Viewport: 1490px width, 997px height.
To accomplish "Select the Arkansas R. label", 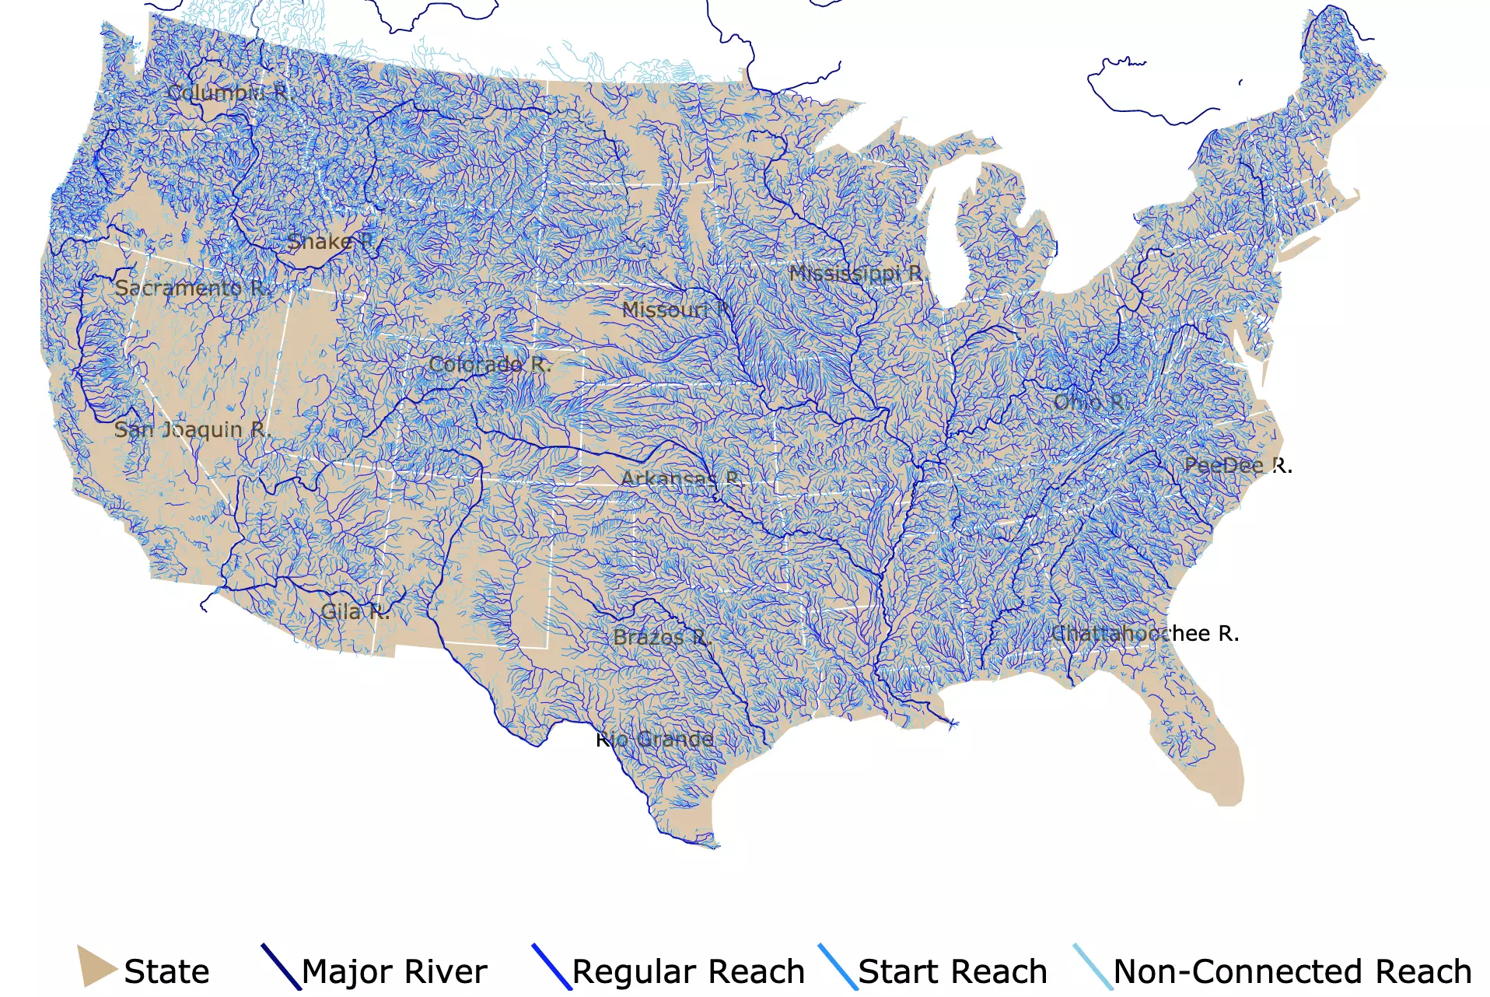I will click(x=681, y=478).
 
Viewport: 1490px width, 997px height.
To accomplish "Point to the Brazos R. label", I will click(x=662, y=638).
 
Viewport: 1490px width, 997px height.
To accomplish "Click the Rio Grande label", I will click(x=655, y=740).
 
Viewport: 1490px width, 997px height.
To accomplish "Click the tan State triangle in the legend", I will click(x=95, y=967).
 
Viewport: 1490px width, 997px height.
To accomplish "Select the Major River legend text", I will click(x=394, y=972).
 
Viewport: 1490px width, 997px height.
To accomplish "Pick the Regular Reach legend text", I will click(x=688, y=972).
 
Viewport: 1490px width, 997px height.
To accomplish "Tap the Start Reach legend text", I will click(x=953, y=972).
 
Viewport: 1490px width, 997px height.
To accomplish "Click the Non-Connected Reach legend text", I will click(x=1292, y=972).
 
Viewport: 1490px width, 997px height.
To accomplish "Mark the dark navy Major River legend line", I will click(x=281, y=967).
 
